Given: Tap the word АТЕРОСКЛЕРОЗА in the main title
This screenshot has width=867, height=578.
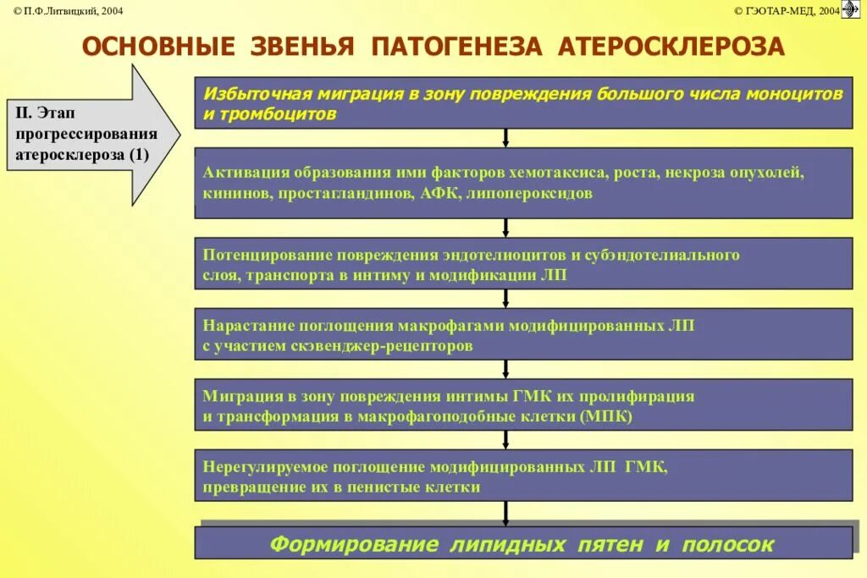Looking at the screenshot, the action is [671, 47].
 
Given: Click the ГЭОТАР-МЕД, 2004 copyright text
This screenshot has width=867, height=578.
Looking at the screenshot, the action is [787, 10].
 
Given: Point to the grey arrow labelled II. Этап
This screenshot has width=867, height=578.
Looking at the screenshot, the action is [93, 135].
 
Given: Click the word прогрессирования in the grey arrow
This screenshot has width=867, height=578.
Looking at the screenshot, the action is [86, 135].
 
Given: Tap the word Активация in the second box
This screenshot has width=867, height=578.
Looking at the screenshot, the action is [246, 173].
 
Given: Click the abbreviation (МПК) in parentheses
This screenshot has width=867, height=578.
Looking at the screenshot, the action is [606, 417].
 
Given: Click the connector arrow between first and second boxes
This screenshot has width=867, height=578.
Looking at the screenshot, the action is [505, 138].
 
